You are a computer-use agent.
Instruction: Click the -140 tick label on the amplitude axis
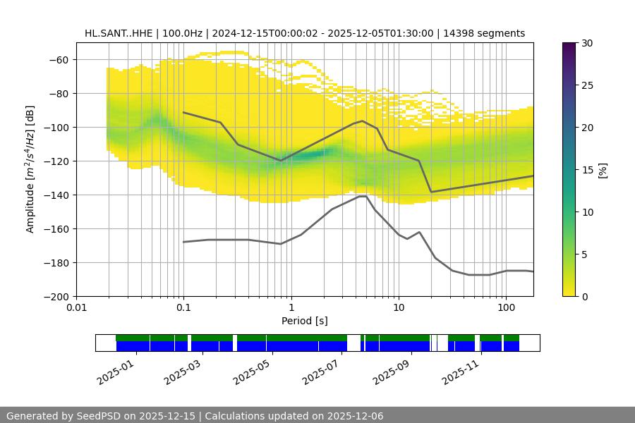point(56,195)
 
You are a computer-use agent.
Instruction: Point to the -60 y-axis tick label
point(59,59)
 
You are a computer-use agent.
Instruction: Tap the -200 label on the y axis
point(56,296)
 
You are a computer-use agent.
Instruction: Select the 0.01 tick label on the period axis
point(76,307)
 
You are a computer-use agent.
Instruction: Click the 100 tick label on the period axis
point(505,307)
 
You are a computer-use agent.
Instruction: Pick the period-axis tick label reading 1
point(291,307)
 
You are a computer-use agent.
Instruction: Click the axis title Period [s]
point(304,321)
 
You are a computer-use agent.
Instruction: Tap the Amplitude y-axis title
point(30,169)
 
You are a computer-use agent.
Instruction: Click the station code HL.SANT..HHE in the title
point(118,33)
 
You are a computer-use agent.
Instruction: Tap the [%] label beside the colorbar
point(602,169)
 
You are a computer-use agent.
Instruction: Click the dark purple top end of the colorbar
point(570,45)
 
